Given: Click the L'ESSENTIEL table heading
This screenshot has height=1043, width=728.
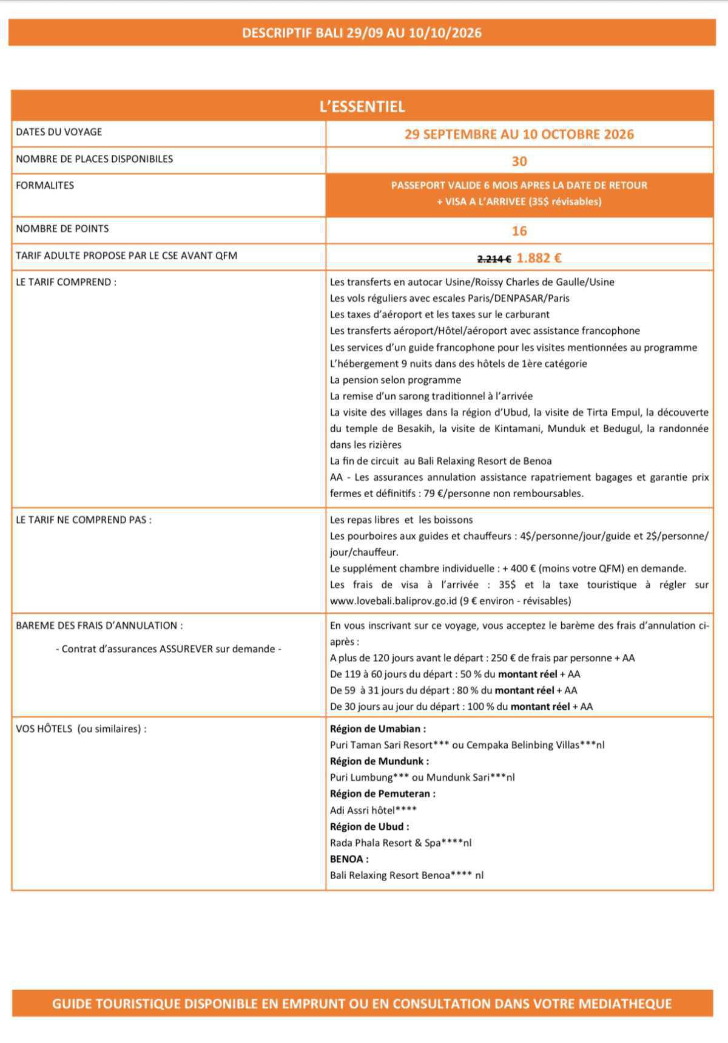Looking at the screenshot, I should click(362, 107).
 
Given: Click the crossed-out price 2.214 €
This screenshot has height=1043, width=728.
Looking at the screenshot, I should click(494, 259).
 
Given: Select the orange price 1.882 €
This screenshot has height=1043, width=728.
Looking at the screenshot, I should click(539, 258).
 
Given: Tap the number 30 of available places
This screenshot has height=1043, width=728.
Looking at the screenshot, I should click(519, 161).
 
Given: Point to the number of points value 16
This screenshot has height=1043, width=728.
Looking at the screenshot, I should click(519, 231).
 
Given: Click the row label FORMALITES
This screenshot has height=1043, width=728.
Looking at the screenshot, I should click(45, 186).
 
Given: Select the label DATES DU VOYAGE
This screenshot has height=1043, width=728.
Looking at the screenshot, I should click(59, 132).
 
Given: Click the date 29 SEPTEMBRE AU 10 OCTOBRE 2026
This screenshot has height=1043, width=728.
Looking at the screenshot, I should click(519, 135).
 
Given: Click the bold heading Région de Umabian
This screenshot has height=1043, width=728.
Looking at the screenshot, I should click(378, 729).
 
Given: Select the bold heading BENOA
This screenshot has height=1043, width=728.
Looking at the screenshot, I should click(349, 859).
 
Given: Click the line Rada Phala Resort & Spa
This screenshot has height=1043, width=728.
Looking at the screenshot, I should click(400, 843).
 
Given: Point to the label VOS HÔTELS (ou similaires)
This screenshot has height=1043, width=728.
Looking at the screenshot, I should click(81, 729).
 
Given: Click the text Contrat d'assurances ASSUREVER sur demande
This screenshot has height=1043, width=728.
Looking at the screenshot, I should click(168, 649).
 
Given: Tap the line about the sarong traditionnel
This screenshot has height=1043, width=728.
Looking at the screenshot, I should click(431, 396).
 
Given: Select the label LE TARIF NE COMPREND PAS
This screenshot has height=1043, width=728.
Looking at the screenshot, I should click(84, 520).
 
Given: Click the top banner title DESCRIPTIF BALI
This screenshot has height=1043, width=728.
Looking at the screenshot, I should click(362, 33).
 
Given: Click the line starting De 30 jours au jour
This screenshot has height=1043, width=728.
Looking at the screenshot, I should click(461, 707).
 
